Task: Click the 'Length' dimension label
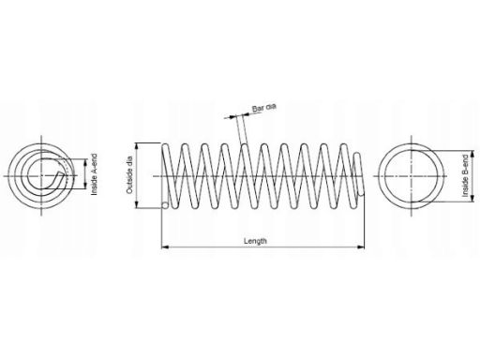pyautogui.click(x=255, y=241)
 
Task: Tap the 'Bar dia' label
pyautogui.click(x=264, y=108)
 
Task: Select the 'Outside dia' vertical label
pyautogui.click(x=129, y=175)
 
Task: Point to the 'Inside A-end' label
pyautogui.click(x=94, y=174)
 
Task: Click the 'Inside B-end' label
pyautogui.click(x=466, y=176)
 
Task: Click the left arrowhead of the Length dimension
pyautogui.click(x=165, y=247)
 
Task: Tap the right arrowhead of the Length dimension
pyautogui.click(x=361, y=247)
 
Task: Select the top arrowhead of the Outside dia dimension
pyautogui.click(x=136, y=146)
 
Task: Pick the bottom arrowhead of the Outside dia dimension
pyautogui.click(x=136, y=204)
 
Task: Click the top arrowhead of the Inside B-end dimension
pyautogui.click(x=472, y=155)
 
